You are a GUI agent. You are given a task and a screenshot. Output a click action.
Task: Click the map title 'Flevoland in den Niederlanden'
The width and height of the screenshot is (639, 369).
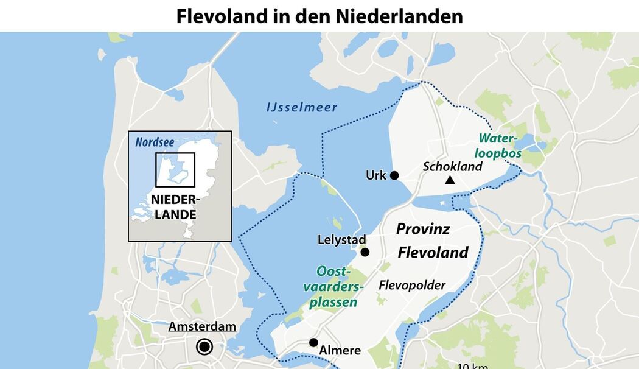319,16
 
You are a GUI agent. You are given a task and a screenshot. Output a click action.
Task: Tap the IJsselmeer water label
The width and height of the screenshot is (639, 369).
302,108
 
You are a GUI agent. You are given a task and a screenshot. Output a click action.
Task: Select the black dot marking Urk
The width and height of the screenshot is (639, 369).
394,175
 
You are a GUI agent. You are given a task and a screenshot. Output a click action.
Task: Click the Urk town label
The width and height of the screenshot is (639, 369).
375,175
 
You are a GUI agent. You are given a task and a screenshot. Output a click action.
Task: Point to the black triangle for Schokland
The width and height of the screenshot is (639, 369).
450,180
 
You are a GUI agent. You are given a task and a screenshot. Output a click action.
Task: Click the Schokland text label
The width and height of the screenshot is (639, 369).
453,166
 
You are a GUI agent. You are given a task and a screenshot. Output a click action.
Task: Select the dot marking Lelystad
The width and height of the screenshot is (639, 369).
365,252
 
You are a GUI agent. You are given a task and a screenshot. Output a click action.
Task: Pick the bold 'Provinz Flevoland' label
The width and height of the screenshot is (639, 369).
432,241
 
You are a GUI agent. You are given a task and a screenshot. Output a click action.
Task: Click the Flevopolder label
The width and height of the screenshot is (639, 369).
412,285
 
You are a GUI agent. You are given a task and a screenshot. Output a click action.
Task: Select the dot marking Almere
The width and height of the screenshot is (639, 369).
313,343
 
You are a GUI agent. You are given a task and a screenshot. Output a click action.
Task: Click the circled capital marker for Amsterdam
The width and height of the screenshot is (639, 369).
204,347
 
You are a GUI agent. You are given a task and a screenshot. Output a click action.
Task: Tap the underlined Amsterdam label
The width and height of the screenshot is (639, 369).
202,327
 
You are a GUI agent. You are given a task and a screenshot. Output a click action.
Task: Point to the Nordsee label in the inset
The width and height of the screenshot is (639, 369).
155,142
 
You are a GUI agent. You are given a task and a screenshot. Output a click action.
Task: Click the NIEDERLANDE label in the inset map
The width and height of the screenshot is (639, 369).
174,207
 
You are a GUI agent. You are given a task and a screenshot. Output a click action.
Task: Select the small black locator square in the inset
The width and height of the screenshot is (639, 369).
175,170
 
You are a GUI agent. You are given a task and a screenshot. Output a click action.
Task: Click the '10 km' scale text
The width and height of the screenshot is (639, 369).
472,365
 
